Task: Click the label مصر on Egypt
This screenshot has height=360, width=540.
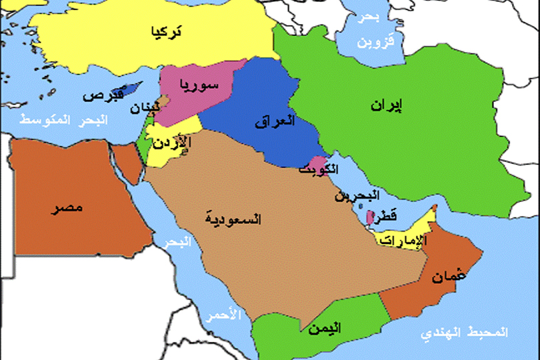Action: tap(69, 208)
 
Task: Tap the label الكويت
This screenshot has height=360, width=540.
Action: tap(313, 169)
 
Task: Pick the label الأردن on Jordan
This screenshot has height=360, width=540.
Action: tap(172, 143)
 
